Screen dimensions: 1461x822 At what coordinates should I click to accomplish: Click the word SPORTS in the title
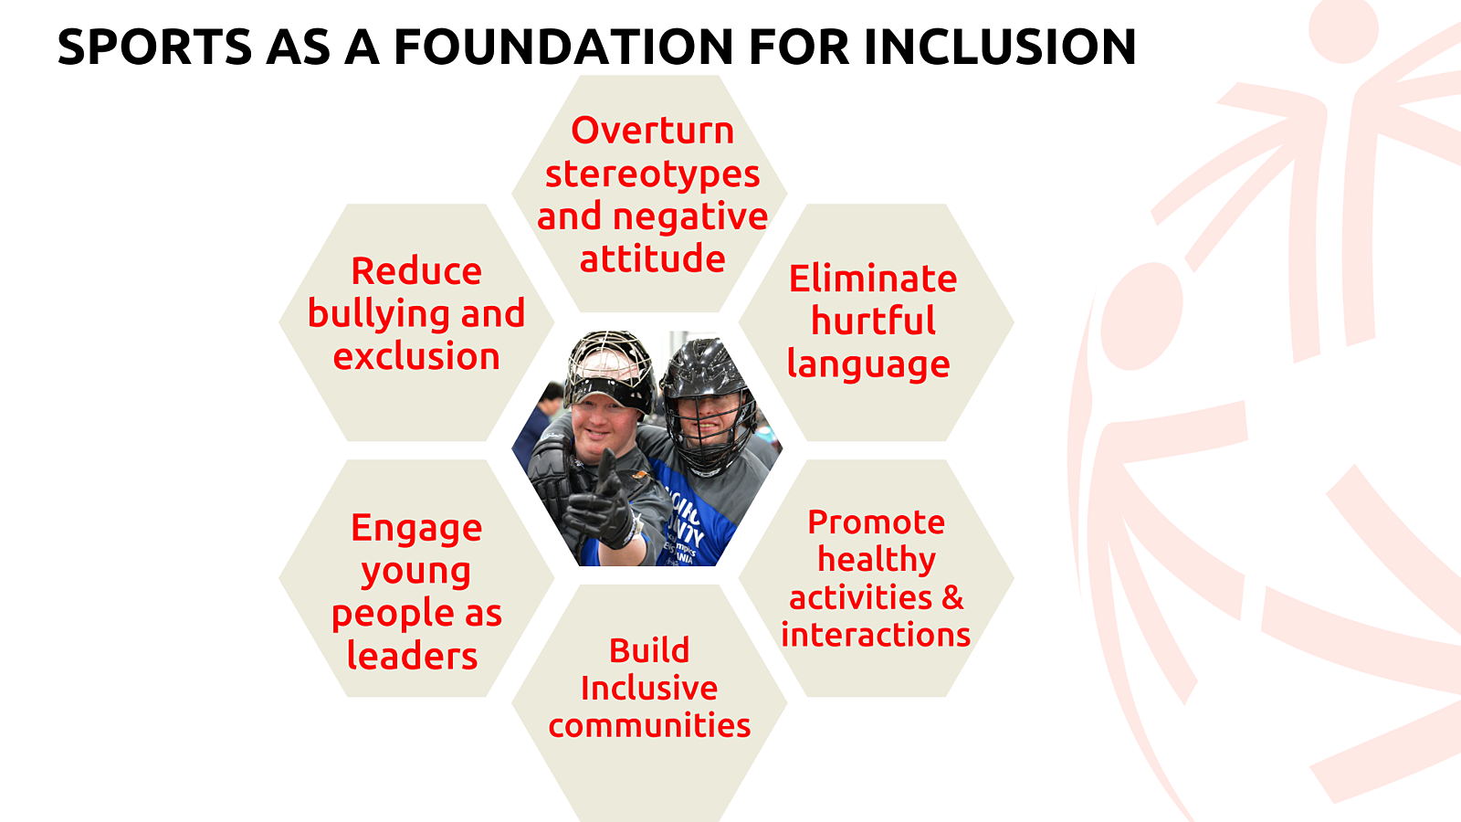coord(154,47)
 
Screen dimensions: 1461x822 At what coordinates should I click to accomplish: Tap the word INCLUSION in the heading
coord(1001,47)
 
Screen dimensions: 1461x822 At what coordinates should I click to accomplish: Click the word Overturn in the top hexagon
coord(652,131)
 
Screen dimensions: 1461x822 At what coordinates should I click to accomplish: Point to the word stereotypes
coord(652,174)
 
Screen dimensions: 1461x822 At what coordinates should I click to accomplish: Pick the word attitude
coord(652,258)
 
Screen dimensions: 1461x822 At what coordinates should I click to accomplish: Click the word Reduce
coord(416,270)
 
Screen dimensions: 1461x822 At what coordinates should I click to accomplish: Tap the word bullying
coord(379,314)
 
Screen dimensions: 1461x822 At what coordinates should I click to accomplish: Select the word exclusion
coord(416,357)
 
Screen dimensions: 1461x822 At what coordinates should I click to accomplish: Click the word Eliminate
coord(873,279)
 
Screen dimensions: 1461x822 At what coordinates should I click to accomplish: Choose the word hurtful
coord(873,321)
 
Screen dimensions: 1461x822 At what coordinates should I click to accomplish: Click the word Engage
coord(416,529)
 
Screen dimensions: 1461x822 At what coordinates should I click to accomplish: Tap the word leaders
coord(412,655)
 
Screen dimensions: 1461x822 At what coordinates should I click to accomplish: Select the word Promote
coord(876,522)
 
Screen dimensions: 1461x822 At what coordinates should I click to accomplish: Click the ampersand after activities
coord(952,597)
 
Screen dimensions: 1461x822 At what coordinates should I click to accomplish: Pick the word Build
coord(649,650)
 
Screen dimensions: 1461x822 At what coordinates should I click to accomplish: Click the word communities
coord(649,725)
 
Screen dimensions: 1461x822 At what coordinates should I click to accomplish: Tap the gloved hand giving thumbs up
coord(602,508)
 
